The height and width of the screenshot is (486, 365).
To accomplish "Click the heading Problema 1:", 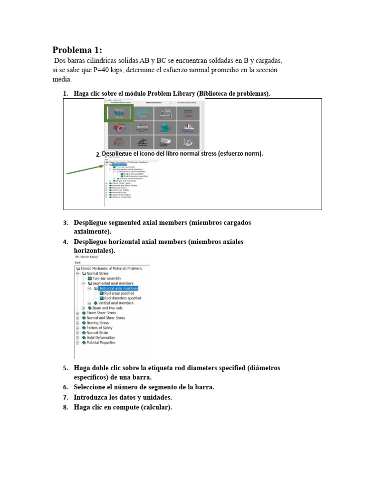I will pos(77,50).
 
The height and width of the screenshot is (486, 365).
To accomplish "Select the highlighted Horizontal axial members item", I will pos(118,288).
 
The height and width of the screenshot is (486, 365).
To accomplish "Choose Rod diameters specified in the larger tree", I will pos(123,298).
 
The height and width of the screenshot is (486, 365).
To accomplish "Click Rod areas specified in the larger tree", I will pos(119,293).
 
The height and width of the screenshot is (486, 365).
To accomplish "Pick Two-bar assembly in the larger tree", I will pos(106,279).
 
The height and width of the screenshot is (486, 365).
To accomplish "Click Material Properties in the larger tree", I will pos(101,343).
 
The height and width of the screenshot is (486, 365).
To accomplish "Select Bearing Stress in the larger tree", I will pos(97,323).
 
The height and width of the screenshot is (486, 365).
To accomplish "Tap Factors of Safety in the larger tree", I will pos(99,328).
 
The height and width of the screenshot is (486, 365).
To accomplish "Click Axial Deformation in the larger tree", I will pos(100,338).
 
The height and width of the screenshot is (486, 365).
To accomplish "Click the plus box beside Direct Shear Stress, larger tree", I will pos(77,313).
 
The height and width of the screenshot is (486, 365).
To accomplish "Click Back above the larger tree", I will pos(77,262).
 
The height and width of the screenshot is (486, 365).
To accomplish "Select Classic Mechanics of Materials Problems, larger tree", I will pos(111,269).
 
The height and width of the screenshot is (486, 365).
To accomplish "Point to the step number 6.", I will pos(65,387).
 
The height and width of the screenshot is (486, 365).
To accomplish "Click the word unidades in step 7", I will pos(154,397).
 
